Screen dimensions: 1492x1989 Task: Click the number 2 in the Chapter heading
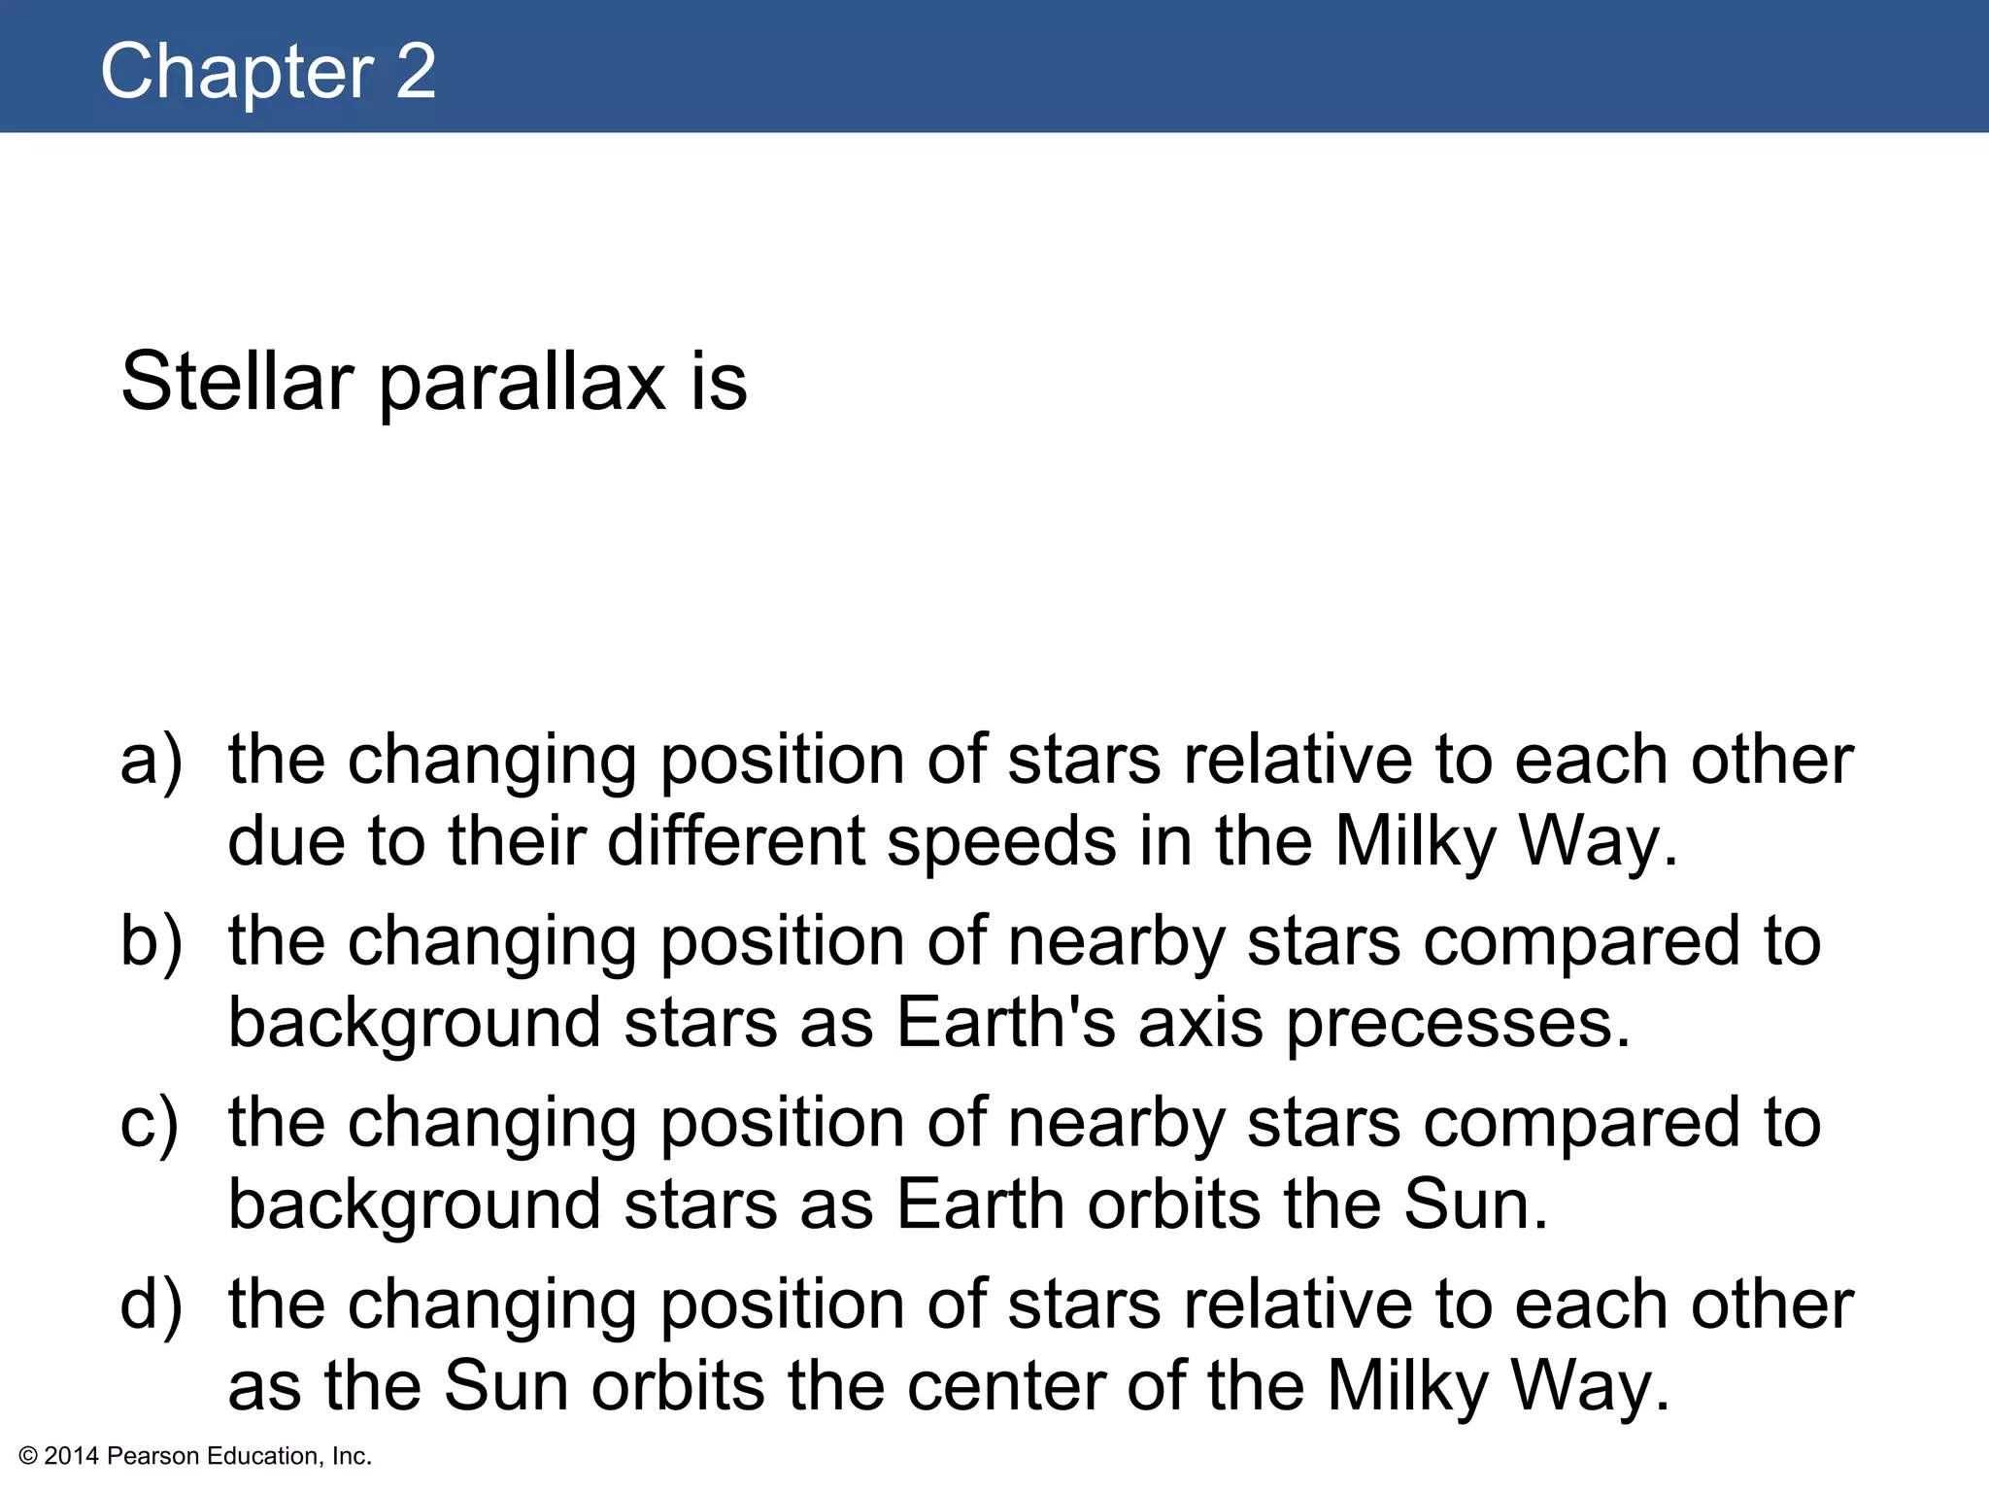[x=416, y=72]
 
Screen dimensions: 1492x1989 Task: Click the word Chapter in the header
[x=237, y=72]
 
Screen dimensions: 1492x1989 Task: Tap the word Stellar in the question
[x=236, y=382]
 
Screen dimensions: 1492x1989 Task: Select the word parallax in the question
[x=523, y=382]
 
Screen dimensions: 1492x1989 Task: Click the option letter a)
[x=151, y=761]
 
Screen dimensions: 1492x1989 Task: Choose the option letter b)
[x=151, y=941]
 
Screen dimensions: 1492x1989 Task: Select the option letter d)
[x=151, y=1305]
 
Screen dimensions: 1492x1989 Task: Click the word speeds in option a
[x=1001, y=841]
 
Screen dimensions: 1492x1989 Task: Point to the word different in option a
[x=736, y=841]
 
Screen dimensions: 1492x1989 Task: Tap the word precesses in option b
[x=1458, y=1024]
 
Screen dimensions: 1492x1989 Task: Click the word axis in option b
[x=1200, y=1024]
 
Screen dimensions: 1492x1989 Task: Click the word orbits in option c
[x=1174, y=1204]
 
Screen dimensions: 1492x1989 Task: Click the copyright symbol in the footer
[x=28, y=1456]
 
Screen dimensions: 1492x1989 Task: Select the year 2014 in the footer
[x=71, y=1456]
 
